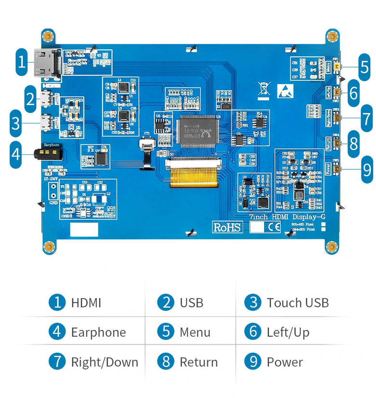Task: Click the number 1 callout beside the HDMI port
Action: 21,61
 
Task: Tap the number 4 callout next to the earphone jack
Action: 16,154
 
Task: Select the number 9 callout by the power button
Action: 367,169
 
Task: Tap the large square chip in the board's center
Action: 197,129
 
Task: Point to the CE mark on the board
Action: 274,228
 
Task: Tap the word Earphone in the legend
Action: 98,332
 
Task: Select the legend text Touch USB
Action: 297,302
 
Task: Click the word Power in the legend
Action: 284,362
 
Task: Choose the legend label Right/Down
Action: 105,362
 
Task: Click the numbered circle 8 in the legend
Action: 165,362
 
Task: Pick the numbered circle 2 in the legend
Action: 165,302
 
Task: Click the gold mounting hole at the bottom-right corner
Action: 331,247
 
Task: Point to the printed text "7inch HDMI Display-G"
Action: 287,217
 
